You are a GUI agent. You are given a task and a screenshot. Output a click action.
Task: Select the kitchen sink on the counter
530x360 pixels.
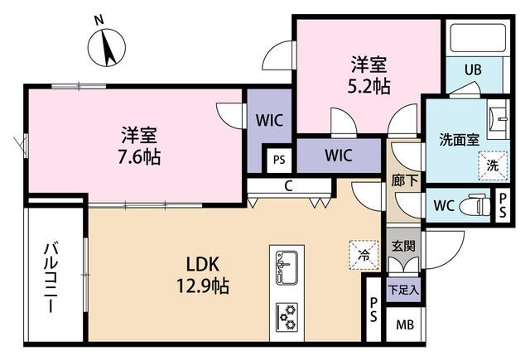287,268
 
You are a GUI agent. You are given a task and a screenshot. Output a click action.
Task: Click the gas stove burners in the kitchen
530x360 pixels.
287,317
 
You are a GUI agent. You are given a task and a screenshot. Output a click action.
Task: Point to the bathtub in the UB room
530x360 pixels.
478,37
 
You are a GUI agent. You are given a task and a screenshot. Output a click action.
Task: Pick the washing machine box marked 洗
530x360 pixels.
493,166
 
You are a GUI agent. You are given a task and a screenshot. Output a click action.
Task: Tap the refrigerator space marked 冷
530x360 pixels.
364,255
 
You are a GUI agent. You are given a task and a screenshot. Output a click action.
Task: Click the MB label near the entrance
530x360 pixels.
405,325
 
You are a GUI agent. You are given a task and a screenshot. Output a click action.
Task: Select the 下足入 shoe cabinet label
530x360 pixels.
403,290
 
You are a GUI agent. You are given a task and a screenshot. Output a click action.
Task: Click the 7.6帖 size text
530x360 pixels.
139,157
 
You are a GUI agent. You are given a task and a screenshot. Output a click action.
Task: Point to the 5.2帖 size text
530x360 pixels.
369,86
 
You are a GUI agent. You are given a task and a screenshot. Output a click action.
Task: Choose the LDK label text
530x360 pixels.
203,264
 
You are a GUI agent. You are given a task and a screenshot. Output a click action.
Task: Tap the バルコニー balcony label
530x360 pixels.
51,277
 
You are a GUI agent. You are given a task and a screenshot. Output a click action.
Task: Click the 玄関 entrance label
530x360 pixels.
403,246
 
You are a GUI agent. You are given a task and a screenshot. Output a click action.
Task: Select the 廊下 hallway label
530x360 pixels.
405,180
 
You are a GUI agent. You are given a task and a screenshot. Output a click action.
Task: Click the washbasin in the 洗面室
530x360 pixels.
499,119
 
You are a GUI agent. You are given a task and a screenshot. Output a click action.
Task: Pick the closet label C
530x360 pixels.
288,185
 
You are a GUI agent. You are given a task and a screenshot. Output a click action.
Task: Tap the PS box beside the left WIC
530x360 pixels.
279,160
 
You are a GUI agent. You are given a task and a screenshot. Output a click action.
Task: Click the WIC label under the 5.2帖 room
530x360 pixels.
339,155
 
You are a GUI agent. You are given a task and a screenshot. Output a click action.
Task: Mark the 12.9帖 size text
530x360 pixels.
203,286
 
